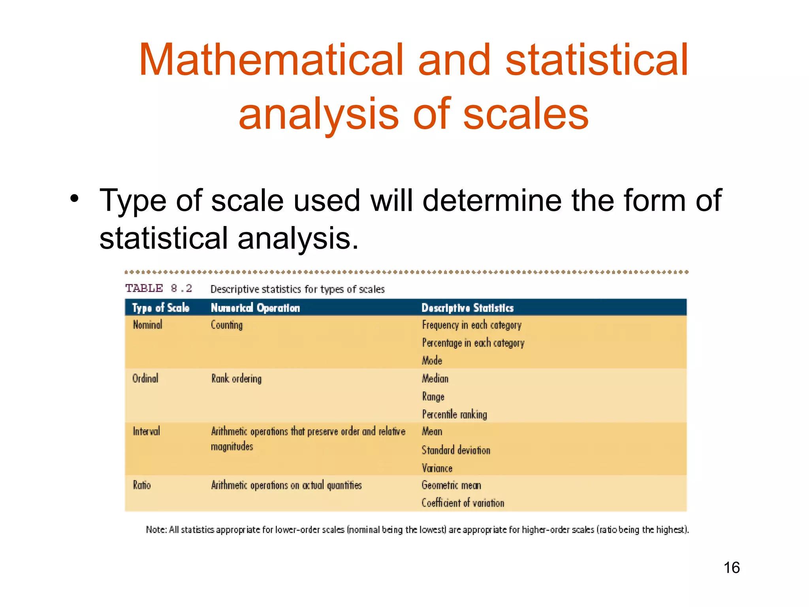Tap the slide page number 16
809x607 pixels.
(x=732, y=567)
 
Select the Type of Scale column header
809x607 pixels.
(x=160, y=308)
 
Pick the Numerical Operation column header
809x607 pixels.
(x=255, y=308)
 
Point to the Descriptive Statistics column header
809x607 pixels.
(x=467, y=308)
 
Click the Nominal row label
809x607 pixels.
(x=147, y=325)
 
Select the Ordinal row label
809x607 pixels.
(x=145, y=379)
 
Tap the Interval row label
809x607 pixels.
(x=146, y=431)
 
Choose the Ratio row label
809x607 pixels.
(x=141, y=485)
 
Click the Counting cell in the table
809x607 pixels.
(x=226, y=325)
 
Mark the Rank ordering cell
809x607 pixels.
(x=236, y=379)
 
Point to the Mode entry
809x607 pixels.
(x=432, y=360)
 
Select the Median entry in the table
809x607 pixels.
(x=435, y=379)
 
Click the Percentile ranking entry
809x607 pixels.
(x=454, y=414)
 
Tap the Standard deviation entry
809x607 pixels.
(x=456, y=450)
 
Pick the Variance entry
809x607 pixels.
(x=437, y=468)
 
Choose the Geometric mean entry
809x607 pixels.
(x=451, y=485)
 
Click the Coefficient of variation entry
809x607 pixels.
(x=463, y=503)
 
